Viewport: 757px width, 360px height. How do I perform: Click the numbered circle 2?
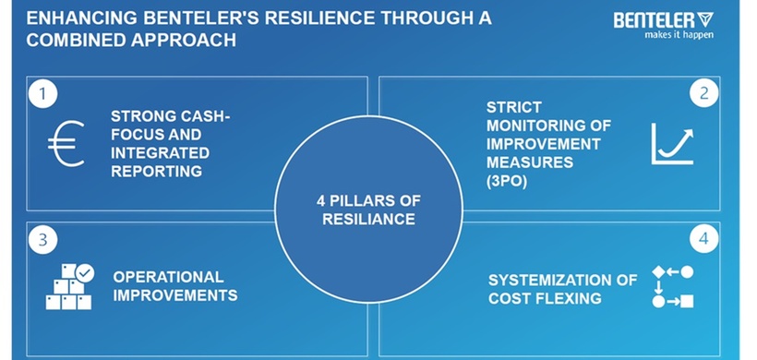pos(704,92)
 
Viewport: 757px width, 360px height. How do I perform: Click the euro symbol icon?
pos(66,144)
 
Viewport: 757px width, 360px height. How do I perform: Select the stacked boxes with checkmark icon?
pos(70,287)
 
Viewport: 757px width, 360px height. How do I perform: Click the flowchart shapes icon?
pos(672,286)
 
